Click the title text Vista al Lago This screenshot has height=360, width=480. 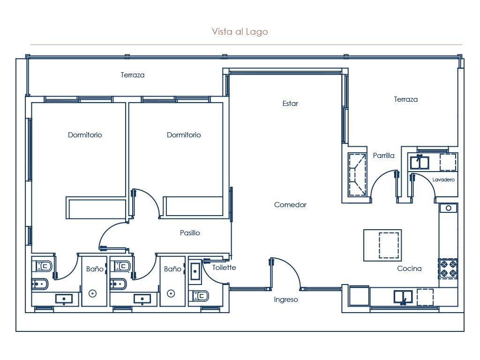(x=240, y=32)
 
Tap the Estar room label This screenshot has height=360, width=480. (x=290, y=104)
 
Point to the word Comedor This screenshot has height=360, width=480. (x=290, y=205)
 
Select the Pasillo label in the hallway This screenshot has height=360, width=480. (x=190, y=233)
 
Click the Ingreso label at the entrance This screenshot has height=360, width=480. (x=286, y=300)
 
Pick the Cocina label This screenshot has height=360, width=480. (x=409, y=269)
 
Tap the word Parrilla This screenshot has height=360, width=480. (x=383, y=156)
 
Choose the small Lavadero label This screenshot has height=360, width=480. (x=443, y=180)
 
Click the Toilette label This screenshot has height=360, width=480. (x=224, y=268)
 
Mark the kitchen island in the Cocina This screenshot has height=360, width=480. (x=382, y=245)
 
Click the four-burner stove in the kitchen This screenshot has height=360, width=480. (x=448, y=268)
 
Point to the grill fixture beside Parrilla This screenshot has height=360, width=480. (x=357, y=175)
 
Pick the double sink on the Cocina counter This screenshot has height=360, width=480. (x=403, y=297)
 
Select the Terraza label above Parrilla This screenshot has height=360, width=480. (x=405, y=99)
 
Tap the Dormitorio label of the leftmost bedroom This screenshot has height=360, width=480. (x=85, y=135)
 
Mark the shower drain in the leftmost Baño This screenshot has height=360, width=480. (x=92, y=293)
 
